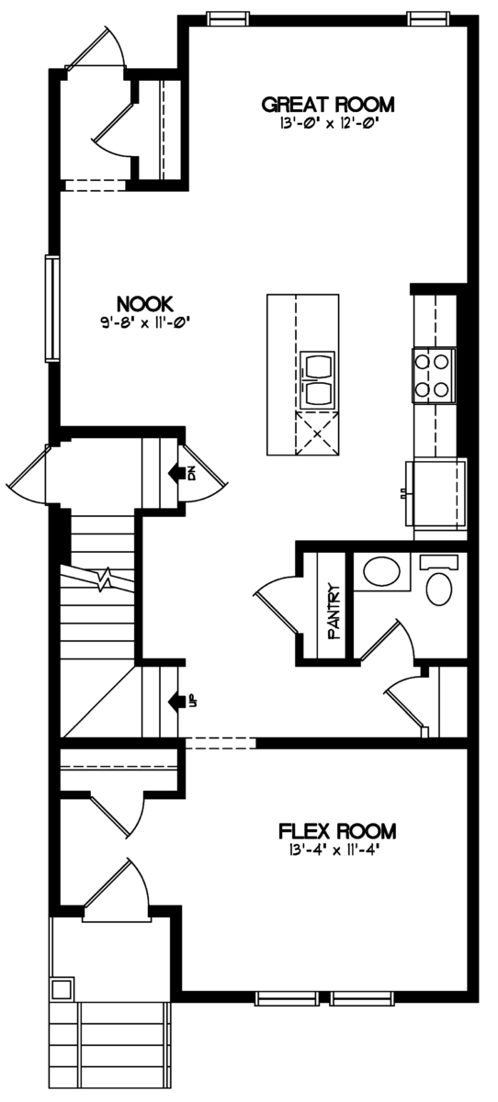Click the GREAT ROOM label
pos(328,105)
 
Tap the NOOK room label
pos(144,304)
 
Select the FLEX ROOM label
pos(337,831)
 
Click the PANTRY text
pos(334,611)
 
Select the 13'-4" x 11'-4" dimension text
pos(336,849)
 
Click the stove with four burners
pos(434,376)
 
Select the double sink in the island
pos(317,379)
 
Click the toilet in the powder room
pos(439,580)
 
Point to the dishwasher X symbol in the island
pos(317,433)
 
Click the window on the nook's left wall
pos(51,309)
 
